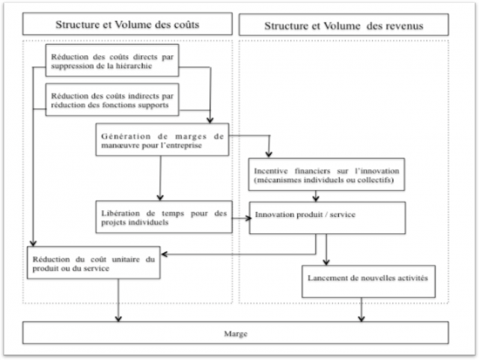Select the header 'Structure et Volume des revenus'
click(x=343, y=25)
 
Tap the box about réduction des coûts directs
click(x=112, y=60)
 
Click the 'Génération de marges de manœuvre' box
click(x=161, y=141)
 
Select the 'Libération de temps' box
click(x=161, y=218)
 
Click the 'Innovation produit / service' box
click(x=327, y=217)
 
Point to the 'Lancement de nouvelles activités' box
click(x=368, y=279)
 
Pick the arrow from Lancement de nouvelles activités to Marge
click(x=362, y=309)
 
